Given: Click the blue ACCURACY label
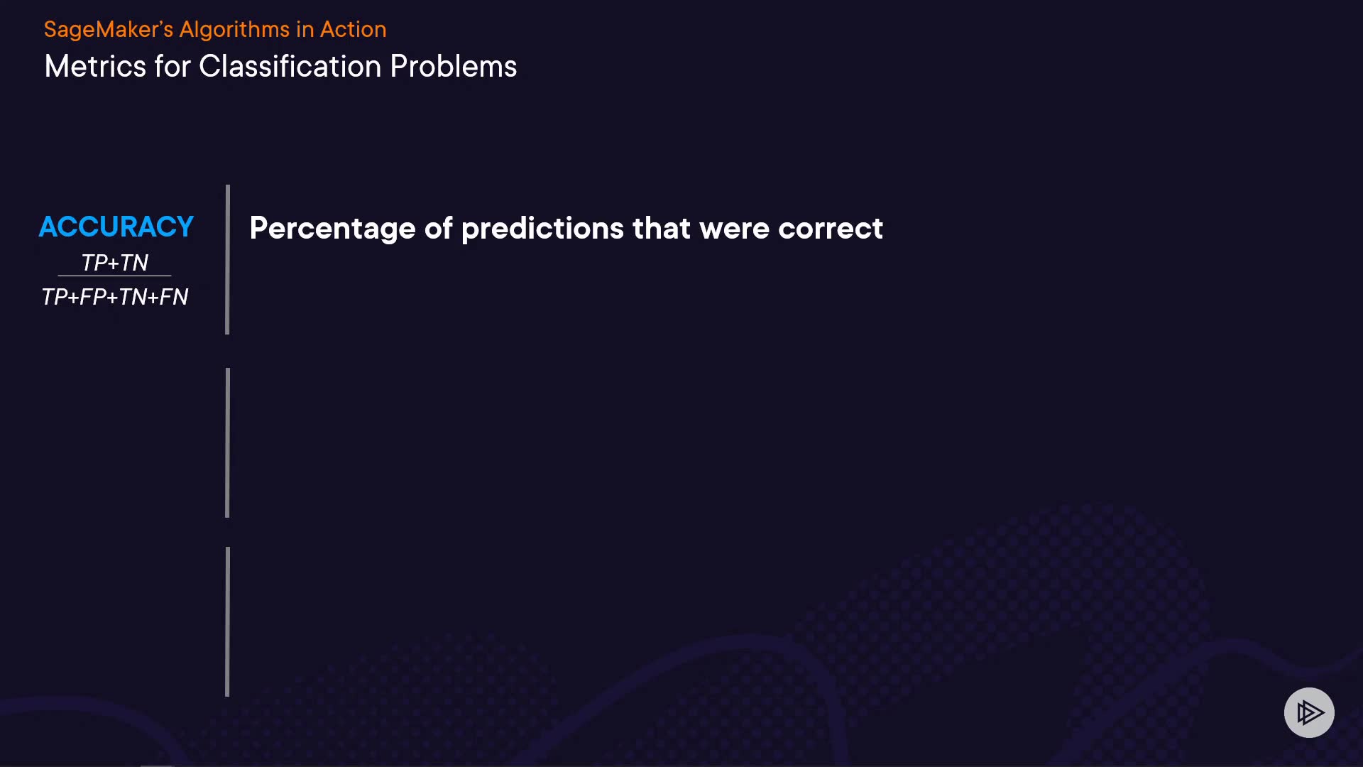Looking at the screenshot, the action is [116, 227].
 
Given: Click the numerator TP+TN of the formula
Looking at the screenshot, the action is [115, 263].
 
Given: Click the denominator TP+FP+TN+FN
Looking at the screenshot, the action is [115, 297].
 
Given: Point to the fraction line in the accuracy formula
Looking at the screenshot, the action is [114, 276].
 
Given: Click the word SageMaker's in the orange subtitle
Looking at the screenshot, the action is [109, 30].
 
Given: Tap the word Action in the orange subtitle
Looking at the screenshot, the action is [354, 30].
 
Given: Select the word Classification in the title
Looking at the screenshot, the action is [290, 67].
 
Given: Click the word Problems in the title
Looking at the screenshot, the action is [454, 67].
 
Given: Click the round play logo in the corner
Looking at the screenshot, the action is [1309, 712].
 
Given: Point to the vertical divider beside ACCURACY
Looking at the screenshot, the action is [227, 259].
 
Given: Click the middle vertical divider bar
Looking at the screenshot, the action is [227, 442].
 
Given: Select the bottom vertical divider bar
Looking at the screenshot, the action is [227, 621].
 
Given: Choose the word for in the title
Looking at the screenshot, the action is [173, 67].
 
